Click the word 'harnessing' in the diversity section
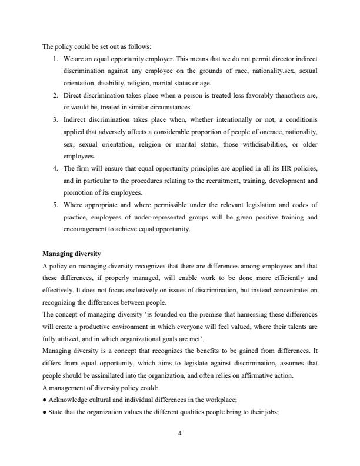pyautogui.click(x=232, y=315)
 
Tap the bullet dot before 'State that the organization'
pyautogui.click(x=45, y=414)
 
